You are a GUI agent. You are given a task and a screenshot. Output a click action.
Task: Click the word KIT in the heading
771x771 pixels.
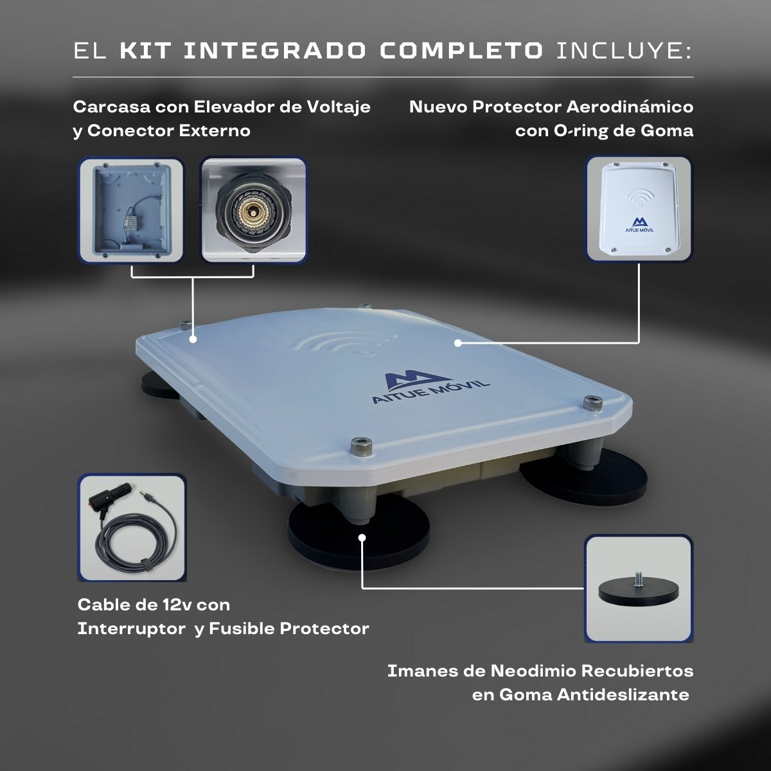tap(146, 51)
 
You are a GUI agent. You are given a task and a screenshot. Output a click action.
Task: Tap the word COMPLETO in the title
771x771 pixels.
tap(461, 51)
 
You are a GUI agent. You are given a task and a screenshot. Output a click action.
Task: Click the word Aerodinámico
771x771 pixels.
tap(630, 107)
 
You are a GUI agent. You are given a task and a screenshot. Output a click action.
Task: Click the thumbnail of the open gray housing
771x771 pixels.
tap(131, 209)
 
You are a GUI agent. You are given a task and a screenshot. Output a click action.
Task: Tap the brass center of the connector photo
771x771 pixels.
tap(252, 209)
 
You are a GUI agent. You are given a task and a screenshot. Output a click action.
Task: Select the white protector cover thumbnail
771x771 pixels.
tap(639, 208)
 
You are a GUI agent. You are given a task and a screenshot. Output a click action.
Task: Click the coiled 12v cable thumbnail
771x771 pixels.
tap(132, 527)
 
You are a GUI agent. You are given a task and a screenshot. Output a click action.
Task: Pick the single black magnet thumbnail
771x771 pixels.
tap(639, 588)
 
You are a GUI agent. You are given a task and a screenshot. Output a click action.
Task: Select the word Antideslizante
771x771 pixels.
tap(623, 695)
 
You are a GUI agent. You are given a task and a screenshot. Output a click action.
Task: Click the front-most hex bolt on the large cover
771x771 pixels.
tap(361, 445)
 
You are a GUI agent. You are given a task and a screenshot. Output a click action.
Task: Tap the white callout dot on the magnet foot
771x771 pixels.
tap(362, 537)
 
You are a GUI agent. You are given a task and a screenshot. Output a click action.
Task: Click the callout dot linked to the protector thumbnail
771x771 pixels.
tap(458, 342)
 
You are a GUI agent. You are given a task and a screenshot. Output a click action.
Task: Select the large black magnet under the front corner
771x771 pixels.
tap(358, 533)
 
